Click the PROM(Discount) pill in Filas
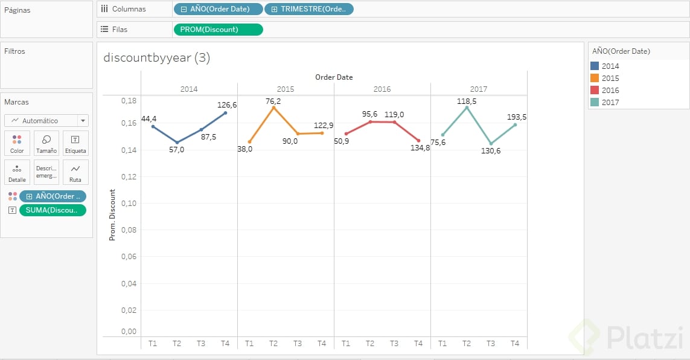pos(218,30)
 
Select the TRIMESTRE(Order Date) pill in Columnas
pos(309,9)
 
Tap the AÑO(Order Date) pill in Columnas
pos(219,9)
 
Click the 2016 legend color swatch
pos(595,90)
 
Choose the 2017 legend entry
pos(610,102)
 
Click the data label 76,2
pos(273,101)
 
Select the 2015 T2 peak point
pos(273,108)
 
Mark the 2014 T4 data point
pos(225,113)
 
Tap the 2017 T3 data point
pos(491,144)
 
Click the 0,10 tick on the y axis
pos(128,203)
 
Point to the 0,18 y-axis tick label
pos(128,100)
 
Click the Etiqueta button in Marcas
pos(75,143)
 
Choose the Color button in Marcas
pos(17,143)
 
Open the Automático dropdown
pos(46,120)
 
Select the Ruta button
pos(75,172)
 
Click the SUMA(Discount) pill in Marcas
pos(53,210)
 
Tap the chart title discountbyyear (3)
pos(157,57)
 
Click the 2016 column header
pos(382,89)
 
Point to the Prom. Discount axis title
pos(112,215)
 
